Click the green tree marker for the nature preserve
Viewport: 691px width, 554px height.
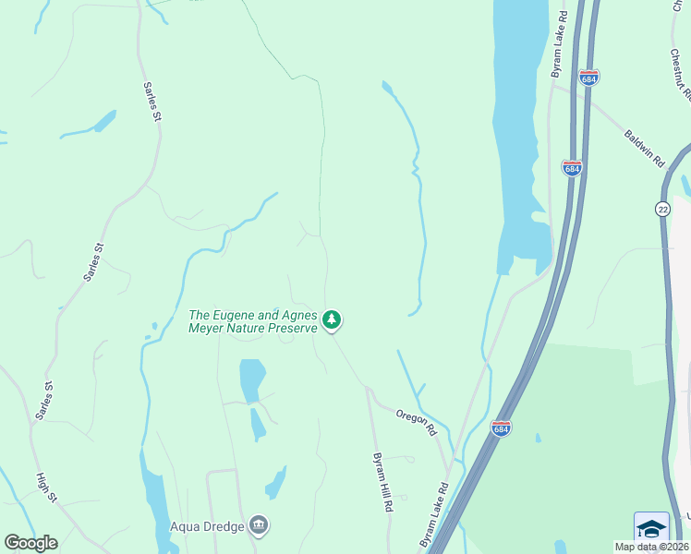[x=332, y=321]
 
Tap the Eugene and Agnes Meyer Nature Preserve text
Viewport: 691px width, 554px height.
[x=252, y=321]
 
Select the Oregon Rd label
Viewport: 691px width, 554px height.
[x=417, y=423]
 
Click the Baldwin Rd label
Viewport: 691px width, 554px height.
[x=645, y=148]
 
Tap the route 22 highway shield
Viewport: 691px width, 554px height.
[x=663, y=210]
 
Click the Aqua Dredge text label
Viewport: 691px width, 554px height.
[x=207, y=527]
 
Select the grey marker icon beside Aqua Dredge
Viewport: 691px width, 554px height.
[x=259, y=525]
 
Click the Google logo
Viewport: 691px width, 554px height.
[x=30, y=543]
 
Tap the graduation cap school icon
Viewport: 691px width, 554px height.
[x=651, y=528]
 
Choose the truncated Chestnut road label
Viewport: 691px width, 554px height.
[x=682, y=69]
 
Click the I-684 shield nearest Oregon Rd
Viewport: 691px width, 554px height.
[x=501, y=429]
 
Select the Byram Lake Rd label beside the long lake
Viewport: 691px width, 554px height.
[x=557, y=45]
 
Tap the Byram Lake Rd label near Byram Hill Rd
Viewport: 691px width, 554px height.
[x=433, y=513]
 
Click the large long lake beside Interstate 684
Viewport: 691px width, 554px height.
[x=514, y=129]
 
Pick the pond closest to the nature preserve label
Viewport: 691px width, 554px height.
[x=250, y=379]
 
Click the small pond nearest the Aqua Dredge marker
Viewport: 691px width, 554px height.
[x=274, y=484]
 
